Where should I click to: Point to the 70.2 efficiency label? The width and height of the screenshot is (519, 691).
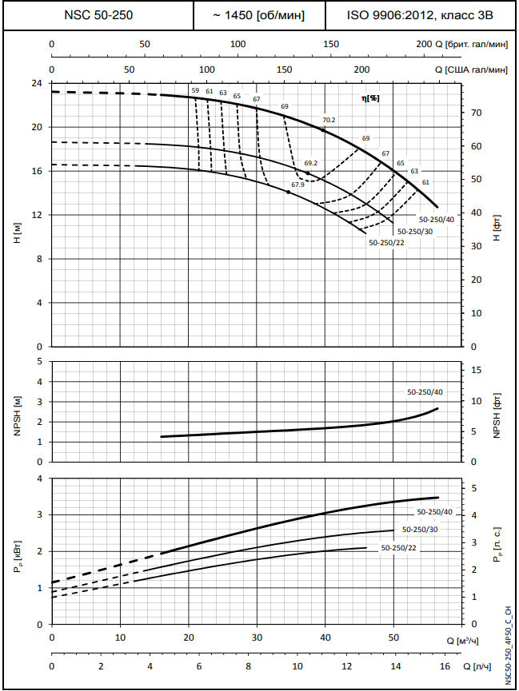click(329, 121)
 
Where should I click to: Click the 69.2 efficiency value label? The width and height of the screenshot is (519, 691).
click(311, 163)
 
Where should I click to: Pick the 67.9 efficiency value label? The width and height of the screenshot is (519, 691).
click(297, 185)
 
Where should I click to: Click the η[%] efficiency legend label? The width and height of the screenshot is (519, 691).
click(370, 97)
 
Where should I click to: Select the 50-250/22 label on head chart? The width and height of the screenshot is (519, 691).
click(387, 242)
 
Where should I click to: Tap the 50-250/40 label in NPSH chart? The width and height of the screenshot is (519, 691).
click(425, 392)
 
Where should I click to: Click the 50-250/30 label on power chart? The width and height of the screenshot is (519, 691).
click(420, 530)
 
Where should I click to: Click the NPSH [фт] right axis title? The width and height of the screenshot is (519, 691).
click(497, 415)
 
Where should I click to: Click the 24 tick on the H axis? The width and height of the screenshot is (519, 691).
click(36, 83)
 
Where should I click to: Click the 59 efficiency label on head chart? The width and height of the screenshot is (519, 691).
click(195, 91)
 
